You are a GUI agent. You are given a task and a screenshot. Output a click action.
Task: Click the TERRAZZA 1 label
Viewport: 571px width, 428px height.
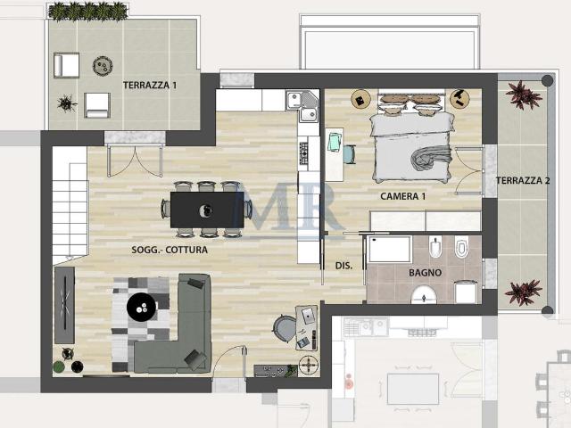tap(150, 86)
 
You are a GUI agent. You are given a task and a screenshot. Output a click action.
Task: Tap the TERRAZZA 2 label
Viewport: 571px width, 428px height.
tap(523, 180)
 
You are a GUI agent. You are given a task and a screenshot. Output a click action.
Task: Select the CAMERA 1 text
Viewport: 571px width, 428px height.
tap(402, 196)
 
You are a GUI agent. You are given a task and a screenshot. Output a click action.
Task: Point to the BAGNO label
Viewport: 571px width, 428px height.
tap(425, 273)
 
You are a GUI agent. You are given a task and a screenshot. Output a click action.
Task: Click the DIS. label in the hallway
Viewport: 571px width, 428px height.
tap(343, 266)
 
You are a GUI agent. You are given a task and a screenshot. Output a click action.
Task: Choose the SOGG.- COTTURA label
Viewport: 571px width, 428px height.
tap(170, 250)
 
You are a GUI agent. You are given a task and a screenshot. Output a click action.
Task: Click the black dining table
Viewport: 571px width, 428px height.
tap(207, 210)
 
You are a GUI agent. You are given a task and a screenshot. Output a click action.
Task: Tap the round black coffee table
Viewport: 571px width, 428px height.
tap(142, 307)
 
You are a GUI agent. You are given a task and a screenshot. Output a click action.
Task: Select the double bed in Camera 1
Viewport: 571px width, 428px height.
tap(412, 145)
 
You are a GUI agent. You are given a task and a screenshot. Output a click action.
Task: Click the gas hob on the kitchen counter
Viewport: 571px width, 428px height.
tap(303, 153)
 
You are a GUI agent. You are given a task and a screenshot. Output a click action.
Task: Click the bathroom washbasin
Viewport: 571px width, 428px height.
tap(424, 295)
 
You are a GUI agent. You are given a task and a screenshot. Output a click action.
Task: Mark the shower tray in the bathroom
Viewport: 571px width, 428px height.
tap(389, 249)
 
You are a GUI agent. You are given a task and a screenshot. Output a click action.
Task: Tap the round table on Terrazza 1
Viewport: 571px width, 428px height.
tap(103, 66)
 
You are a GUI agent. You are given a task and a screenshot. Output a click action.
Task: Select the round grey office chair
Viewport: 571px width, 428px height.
tap(285, 328)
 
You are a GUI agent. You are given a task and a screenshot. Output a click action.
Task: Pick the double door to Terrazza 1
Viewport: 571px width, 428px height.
tap(135, 160)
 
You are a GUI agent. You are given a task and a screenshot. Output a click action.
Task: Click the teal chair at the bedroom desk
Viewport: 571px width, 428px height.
tap(350, 154)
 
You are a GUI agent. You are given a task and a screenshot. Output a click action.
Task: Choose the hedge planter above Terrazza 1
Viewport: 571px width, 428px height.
tap(88, 11)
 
